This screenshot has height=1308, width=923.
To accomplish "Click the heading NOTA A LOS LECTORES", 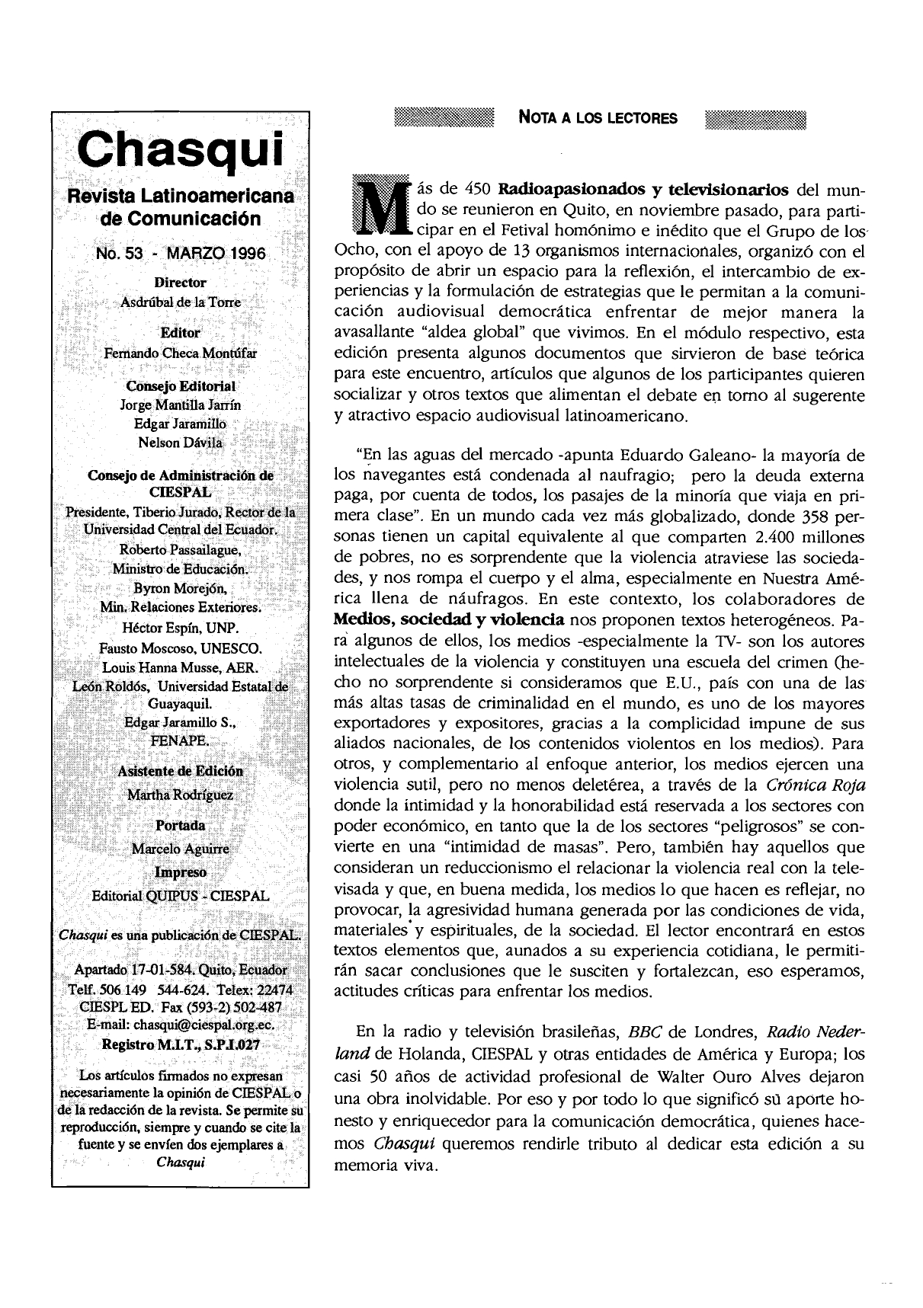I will pos(598,118).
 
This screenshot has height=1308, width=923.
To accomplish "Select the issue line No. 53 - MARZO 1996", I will pos(181,253).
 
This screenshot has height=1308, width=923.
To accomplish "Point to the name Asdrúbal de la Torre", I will pos(181,302).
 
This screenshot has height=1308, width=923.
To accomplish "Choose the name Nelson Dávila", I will pos(181,443).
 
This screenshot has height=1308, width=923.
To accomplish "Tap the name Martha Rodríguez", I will pos(181,795).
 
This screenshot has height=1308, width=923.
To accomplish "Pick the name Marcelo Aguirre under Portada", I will pos(181,849).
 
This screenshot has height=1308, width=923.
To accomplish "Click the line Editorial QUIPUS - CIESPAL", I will pos(181,896).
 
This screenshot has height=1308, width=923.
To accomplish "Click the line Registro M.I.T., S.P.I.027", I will pos(181,1044).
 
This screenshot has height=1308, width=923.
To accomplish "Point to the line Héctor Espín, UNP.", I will pos(181,628).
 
